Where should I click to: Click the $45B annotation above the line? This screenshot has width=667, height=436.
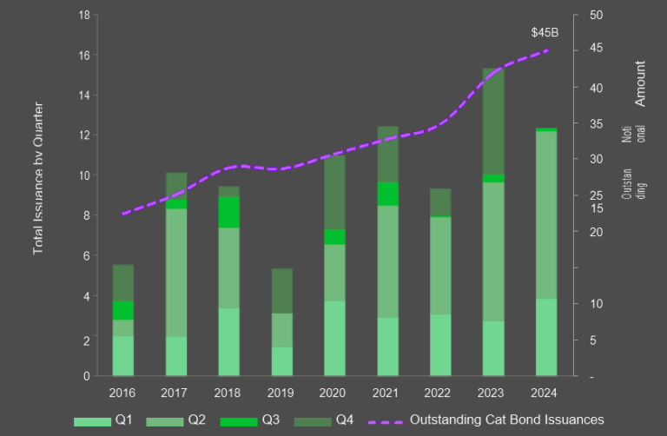tap(545, 33)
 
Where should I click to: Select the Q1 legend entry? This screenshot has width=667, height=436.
tap(104, 420)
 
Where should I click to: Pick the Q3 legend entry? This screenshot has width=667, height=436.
tap(250, 420)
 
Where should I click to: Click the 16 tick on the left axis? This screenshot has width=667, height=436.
tap(84, 56)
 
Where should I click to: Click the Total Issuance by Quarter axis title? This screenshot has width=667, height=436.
tap(39, 179)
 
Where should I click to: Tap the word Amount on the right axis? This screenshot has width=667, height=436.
tap(641, 83)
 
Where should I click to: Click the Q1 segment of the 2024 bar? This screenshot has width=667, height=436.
tap(545, 337)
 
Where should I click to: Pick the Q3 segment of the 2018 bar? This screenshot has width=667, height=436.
tap(228, 212)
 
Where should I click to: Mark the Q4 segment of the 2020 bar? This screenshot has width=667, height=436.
tap(334, 192)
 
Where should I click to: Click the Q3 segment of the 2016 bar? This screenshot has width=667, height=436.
tap(123, 310)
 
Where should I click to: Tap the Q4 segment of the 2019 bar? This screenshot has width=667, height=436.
tap(282, 290)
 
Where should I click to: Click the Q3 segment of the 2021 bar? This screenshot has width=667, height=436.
tap(387, 194)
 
